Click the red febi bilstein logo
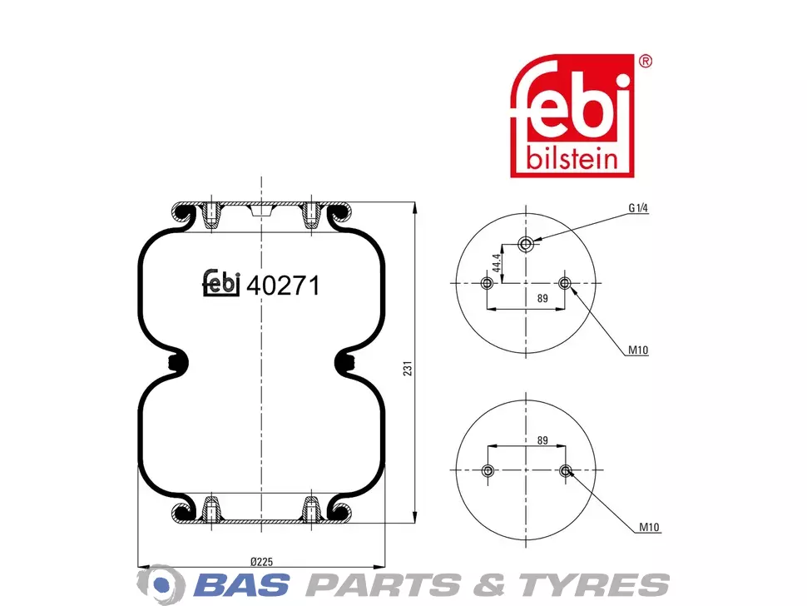point(572,116)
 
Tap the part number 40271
point(283,286)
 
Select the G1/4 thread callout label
point(638,208)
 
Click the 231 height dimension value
point(408,368)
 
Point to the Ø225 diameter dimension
point(261,562)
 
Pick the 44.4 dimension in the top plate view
point(497,262)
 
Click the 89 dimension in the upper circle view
point(542,298)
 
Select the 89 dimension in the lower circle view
point(542,440)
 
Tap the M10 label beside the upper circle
point(638,350)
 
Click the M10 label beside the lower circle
point(649,527)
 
